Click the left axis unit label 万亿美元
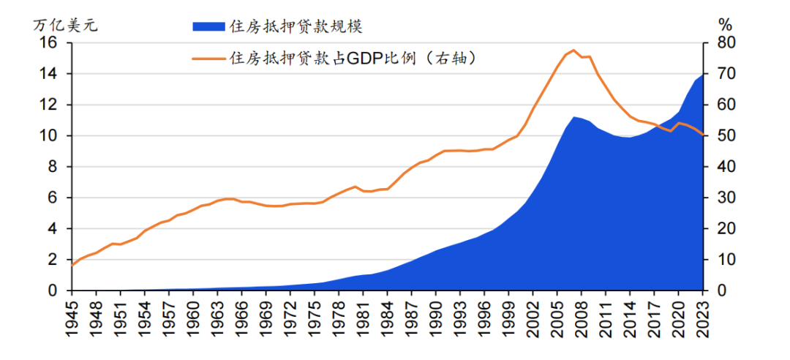(65, 24)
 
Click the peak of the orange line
(574, 50)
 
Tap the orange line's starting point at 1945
(72, 265)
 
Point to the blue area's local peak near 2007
(574, 116)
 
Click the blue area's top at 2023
(702, 74)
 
